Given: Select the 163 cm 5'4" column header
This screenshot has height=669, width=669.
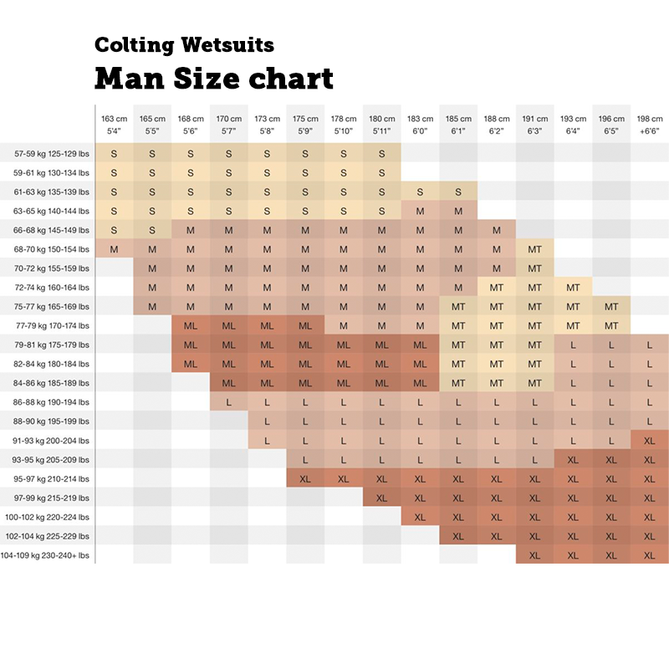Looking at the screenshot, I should click(x=114, y=125).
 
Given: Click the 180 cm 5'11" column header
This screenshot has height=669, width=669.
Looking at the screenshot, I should click(x=381, y=125).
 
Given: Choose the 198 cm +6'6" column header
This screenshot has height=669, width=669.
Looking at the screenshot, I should click(x=650, y=125).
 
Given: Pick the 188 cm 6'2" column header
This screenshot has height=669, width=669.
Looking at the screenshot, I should click(x=496, y=125).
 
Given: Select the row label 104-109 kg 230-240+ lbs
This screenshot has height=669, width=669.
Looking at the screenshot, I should click(x=46, y=555).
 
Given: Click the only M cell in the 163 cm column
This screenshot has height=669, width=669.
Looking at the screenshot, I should click(x=114, y=249).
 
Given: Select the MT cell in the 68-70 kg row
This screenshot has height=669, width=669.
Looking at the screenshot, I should click(x=534, y=249).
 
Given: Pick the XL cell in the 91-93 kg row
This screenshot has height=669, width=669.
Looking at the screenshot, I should click(x=650, y=441).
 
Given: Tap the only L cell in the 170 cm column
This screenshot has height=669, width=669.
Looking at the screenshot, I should click(x=228, y=402).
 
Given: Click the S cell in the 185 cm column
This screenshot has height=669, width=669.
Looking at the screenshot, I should click(x=458, y=192).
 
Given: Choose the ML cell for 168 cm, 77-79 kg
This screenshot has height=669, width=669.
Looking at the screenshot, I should click(x=191, y=326).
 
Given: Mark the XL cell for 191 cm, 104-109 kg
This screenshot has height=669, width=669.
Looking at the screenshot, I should click(x=534, y=555).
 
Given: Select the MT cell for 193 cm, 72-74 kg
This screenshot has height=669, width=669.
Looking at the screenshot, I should click(x=573, y=288).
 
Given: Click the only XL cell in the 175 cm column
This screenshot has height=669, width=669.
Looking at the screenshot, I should click(x=305, y=479).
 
